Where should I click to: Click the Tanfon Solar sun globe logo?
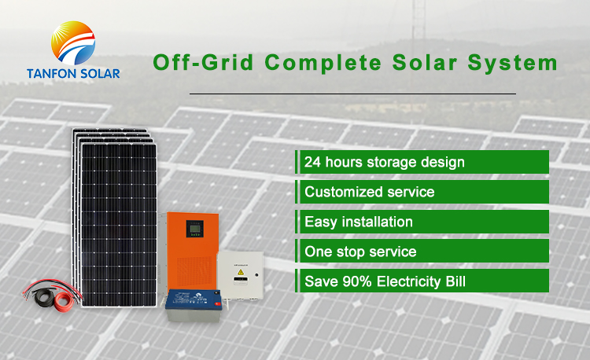(73, 43)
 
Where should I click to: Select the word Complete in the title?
(323, 63)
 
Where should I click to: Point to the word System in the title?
(512, 63)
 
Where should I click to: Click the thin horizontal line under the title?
(352, 94)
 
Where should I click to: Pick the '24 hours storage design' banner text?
(384, 162)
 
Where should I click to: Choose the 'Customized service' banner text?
(369, 192)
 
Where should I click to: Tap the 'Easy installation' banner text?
(358, 222)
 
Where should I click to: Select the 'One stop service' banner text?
(360, 252)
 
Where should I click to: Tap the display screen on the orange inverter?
(194, 229)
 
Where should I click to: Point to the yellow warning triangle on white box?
(241, 272)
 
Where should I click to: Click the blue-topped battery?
(194, 305)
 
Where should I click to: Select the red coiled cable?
(64, 300)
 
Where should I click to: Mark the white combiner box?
(240, 275)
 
